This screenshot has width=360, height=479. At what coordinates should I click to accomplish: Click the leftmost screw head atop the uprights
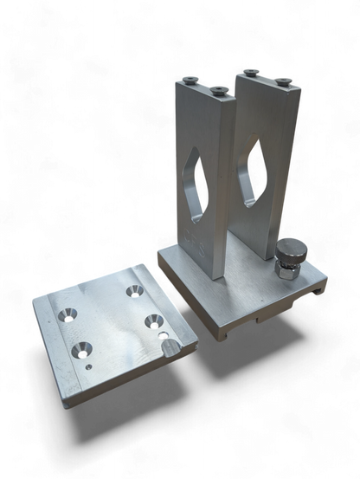(x=190, y=81)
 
